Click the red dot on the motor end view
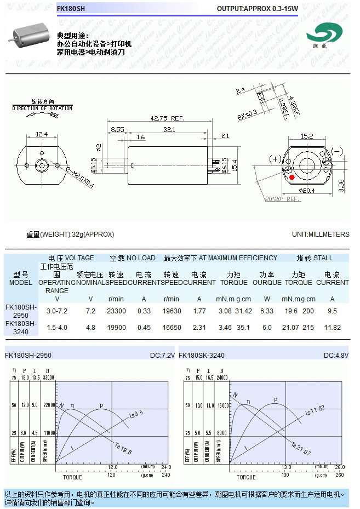tap(292, 177)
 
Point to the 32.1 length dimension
tap(169, 129)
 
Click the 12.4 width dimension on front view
tap(42, 134)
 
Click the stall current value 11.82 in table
tap(332, 328)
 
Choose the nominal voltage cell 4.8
tap(90, 328)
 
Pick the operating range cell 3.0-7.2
tap(57, 311)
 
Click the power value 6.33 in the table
tap(267, 311)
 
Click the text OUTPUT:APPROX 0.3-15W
tap(257, 9)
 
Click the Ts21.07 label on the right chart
tap(301, 448)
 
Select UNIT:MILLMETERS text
tap(321, 235)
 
